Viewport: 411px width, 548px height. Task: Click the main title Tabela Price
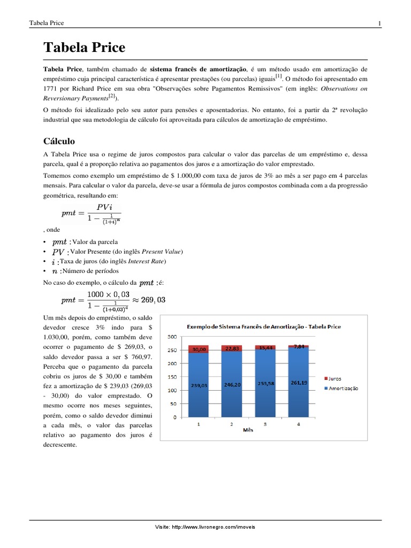pyautogui.click(x=84, y=48)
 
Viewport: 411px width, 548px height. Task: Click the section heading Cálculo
pyautogui.click(x=59, y=141)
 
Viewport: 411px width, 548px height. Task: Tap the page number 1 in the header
pyautogui.click(x=379, y=23)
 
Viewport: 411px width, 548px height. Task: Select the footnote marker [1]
pyautogui.click(x=279, y=77)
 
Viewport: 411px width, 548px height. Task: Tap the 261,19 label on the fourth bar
pyautogui.click(x=299, y=383)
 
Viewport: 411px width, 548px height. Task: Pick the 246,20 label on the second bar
pyautogui.click(x=231, y=384)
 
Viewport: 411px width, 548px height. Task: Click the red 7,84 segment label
pyautogui.click(x=299, y=347)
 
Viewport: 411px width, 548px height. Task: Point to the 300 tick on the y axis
pyautogui.click(x=172, y=337)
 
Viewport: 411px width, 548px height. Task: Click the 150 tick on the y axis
pyautogui.click(x=172, y=377)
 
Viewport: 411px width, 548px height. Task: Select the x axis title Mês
pyautogui.click(x=248, y=430)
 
